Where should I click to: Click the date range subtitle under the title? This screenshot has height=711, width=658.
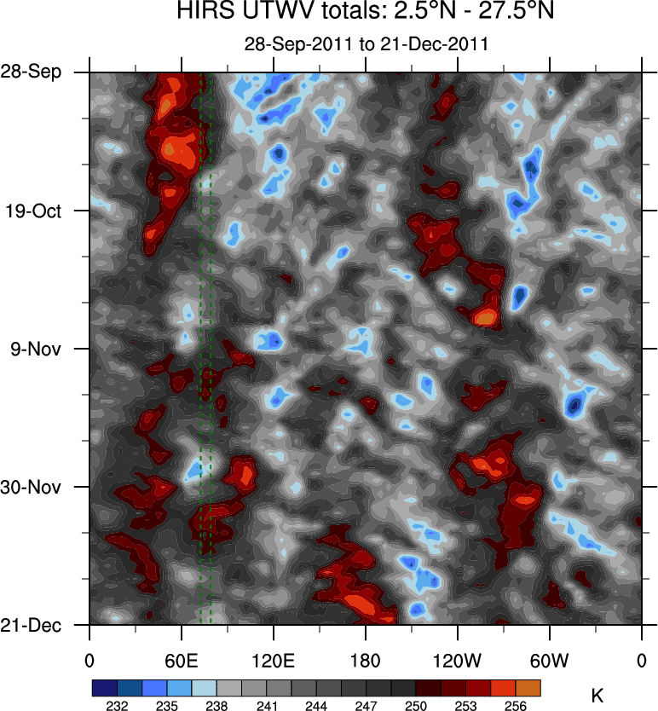[x=367, y=44]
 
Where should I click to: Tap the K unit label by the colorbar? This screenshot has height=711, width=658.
[x=597, y=696]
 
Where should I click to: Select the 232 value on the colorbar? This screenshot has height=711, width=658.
[x=118, y=706]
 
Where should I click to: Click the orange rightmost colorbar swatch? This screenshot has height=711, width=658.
[x=528, y=687]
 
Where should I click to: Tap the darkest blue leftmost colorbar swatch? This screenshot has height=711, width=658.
[x=105, y=687]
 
